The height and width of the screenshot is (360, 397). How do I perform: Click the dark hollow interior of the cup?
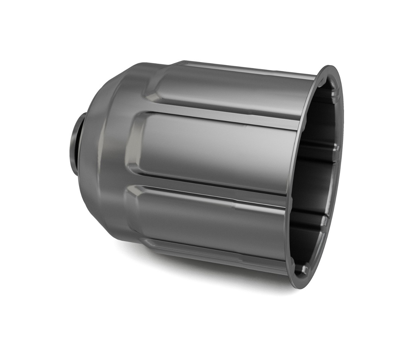314,175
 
